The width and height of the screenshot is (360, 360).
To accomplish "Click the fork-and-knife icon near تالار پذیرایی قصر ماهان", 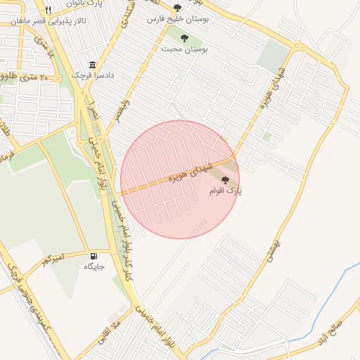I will click(48, 10).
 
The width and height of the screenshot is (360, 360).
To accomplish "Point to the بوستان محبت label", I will click(185, 49).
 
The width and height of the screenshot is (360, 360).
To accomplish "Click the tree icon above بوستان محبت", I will click(184, 38).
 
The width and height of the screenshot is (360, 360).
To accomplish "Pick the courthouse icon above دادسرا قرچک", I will click(93, 63).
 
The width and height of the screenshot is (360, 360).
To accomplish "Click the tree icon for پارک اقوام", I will click(225, 181).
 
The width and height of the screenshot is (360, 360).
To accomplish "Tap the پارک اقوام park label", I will click(225, 191).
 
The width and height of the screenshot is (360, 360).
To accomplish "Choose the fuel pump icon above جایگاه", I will click(94, 255).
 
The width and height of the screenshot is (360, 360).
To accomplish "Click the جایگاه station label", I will click(94, 266).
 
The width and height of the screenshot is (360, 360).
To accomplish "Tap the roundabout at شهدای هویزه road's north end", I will click(297, 47).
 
